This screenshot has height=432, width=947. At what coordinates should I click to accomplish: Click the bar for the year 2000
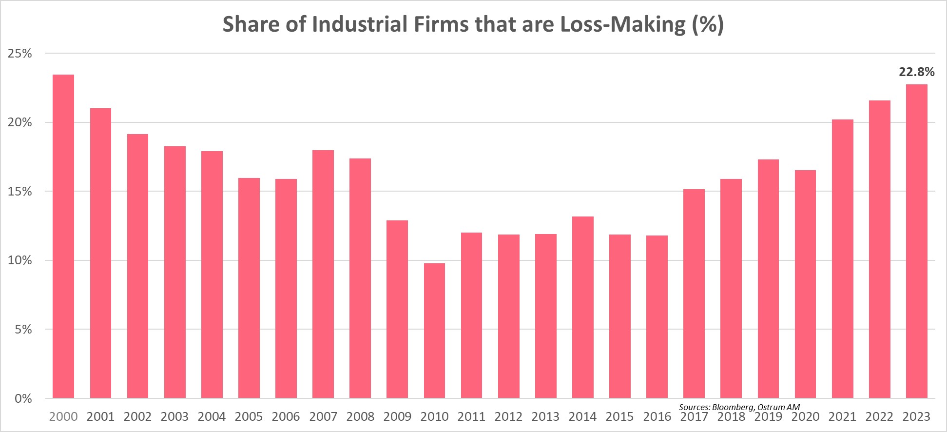(63, 236)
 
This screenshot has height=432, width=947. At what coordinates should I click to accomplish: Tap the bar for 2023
(916, 241)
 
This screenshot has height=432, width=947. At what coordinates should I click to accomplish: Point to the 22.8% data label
(916, 72)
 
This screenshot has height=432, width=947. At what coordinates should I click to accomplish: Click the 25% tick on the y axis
(20, 54)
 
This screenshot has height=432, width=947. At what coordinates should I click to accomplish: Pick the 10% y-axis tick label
(20, 260)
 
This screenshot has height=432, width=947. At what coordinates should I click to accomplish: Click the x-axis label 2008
(360, 417)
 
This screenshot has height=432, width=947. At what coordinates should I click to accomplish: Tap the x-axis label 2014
(582, 417)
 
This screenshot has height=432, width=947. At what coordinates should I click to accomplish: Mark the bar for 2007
(323, 274)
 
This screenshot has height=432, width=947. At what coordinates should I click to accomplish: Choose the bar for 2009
(397, 309)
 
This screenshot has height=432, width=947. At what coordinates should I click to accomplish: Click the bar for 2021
(842, 258)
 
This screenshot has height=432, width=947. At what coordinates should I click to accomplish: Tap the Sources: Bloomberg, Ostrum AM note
(739, 407)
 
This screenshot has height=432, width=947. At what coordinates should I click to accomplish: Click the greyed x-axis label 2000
(63, 417)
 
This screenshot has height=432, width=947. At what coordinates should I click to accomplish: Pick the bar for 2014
(582, 307)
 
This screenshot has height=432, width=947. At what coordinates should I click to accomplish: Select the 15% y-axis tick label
(20, 192)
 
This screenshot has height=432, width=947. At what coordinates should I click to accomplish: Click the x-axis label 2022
(879, 417)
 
